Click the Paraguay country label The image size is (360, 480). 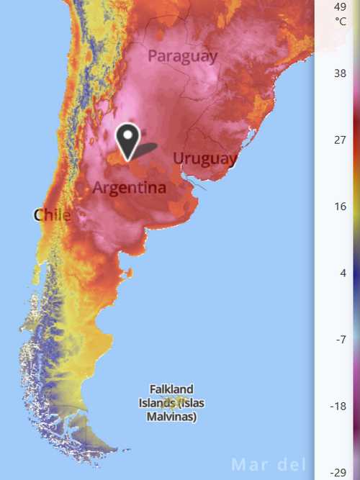[x=182, y=56]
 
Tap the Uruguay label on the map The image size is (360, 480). [x=205, y=158]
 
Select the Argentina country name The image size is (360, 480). [x=130, y=188]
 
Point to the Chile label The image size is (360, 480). [x=52, y=214]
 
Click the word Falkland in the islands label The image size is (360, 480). [x=171, y=389]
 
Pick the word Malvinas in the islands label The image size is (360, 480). [x=168, y=417]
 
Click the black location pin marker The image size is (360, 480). [x=127, y=139]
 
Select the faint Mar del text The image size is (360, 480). [x=269, y=465]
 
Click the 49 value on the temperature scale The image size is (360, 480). [x=341, y=6]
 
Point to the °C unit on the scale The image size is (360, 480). [x=341, y=21]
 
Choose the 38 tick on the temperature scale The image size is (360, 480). [x=341, y=73]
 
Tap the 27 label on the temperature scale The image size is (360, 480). [x=341, y=140]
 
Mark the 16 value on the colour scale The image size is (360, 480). [x=341, y=207]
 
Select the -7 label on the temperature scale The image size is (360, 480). [x=341, y=340]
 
